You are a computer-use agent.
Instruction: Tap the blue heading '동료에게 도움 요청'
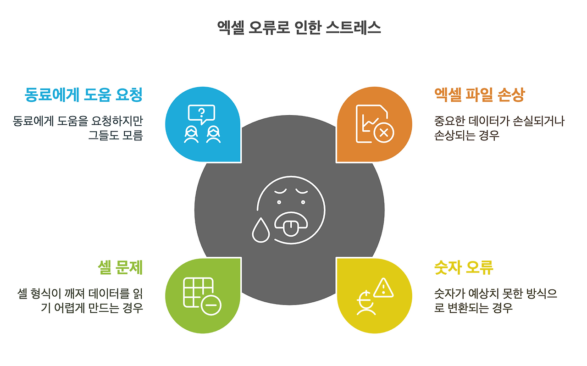[x=83, y=95]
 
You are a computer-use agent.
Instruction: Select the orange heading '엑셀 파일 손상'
[x=479, y=95]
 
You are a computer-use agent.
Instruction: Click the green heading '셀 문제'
[x=121, y=267]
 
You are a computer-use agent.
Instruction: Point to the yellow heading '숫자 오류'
[x=464, y=267]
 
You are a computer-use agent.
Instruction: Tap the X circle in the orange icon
[x=384, y=133]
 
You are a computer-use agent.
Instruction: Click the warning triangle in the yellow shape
[x=383, y=288]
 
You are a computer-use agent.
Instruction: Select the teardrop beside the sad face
[x=260, y=229]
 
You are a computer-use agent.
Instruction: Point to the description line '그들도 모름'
[x=116, y=135]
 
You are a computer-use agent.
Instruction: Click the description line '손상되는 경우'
[x=466, y=135]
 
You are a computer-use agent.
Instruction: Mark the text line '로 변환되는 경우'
[x=473, y=307]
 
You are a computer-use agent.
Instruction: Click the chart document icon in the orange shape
[x=370, y=122]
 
